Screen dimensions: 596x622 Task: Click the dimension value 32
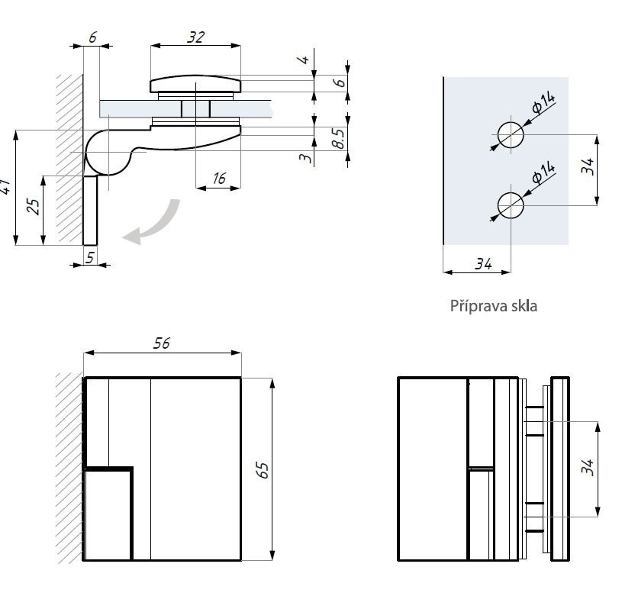[195, 37]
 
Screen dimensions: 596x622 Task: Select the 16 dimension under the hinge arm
[220, 179]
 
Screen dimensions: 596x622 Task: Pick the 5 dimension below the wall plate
[90, 257]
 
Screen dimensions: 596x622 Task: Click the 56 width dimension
[161, 343]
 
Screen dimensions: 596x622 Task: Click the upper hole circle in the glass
[511, 134]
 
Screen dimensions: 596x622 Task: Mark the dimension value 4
[306, 59]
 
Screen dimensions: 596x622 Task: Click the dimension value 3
[305, 156]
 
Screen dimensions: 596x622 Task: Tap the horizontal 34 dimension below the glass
[483, 263]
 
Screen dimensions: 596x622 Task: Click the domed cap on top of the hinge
[195, 82]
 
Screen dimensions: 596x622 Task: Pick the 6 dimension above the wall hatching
[92, 37]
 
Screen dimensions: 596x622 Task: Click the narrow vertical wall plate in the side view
[90, 210]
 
